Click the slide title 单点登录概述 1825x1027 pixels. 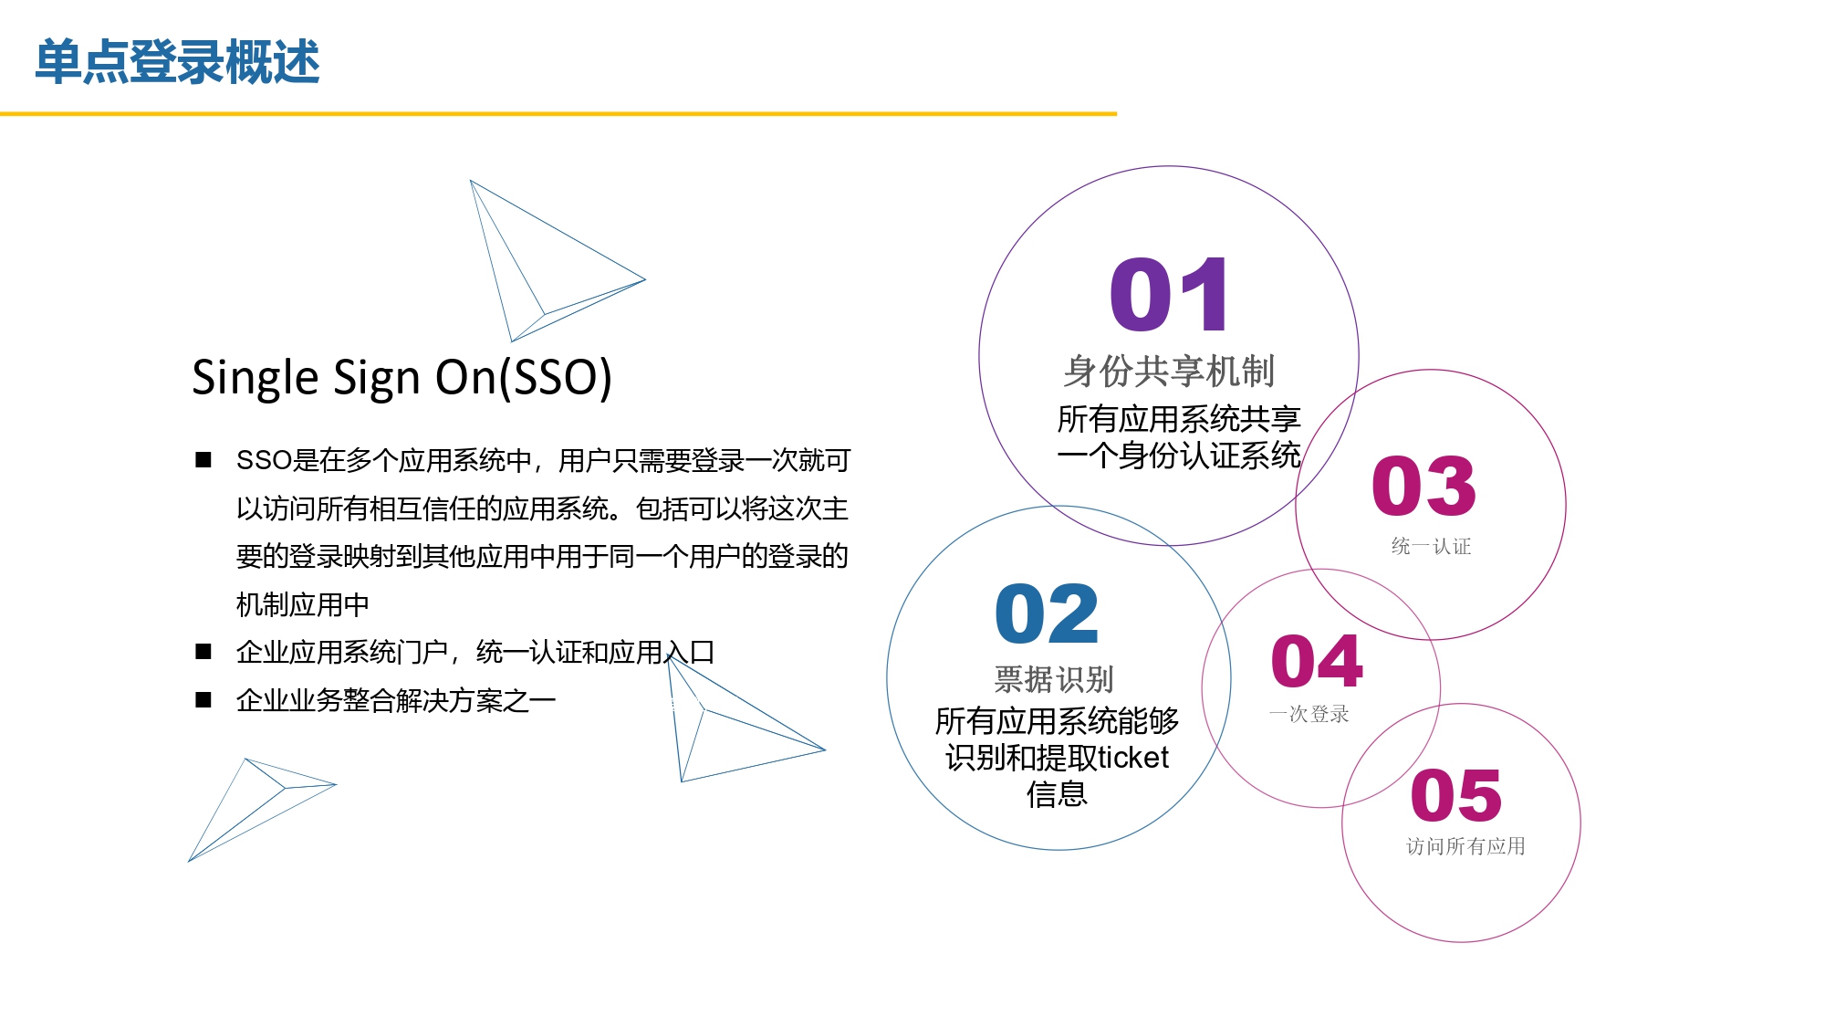point(177,62)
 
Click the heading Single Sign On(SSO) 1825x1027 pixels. point(401,377)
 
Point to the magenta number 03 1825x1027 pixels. point(1423,485)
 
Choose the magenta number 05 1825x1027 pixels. point(1456,795)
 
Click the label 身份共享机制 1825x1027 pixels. point(1169,372)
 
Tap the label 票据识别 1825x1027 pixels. point(1054,679)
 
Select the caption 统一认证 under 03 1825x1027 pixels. point(1431,546)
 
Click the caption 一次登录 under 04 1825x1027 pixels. point(1309,714)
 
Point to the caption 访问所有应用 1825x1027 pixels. point(1465,846)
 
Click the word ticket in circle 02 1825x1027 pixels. point(1133,758)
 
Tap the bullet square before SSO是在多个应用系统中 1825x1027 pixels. point(203,460)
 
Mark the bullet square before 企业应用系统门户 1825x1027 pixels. point(203,652)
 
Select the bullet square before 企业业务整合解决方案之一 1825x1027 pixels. point(203,700)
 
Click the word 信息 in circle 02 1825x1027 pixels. point(1057,794)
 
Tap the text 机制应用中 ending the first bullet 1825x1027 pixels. point(303,604)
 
